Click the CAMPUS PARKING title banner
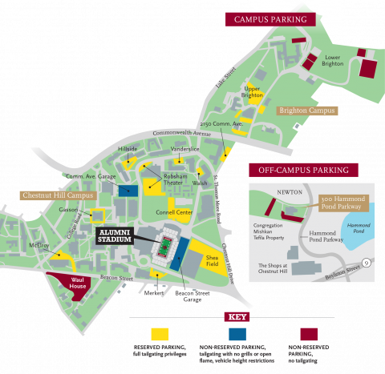(x=271, y=18)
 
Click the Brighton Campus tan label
(x=308, y=111)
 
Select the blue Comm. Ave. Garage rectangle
(x=127, y=190)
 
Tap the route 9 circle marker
(x=365, y=262)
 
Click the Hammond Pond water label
(x=359, y=228)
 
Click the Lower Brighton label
(x=333, y=60)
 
